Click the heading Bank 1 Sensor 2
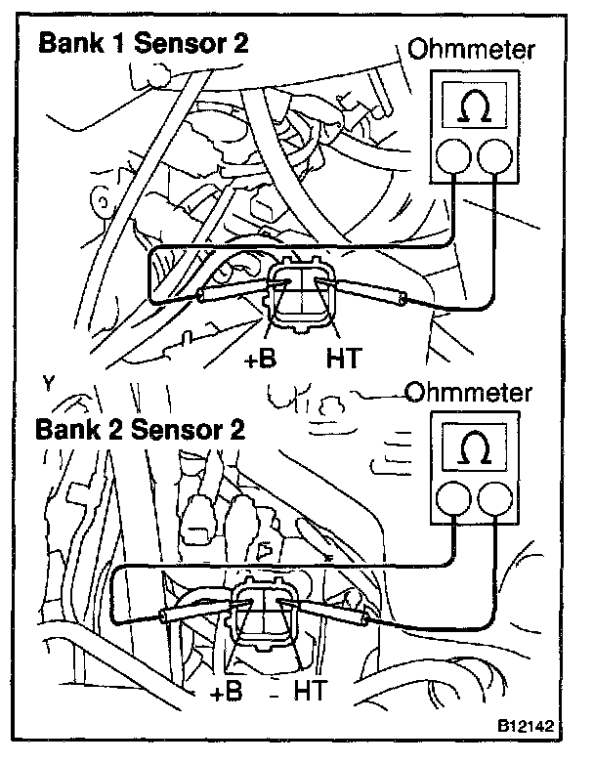(143, 44)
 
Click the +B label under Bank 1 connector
(260, 359)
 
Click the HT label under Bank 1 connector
(342, 359)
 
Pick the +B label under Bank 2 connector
(227, 693)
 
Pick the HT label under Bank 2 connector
(310, 693)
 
